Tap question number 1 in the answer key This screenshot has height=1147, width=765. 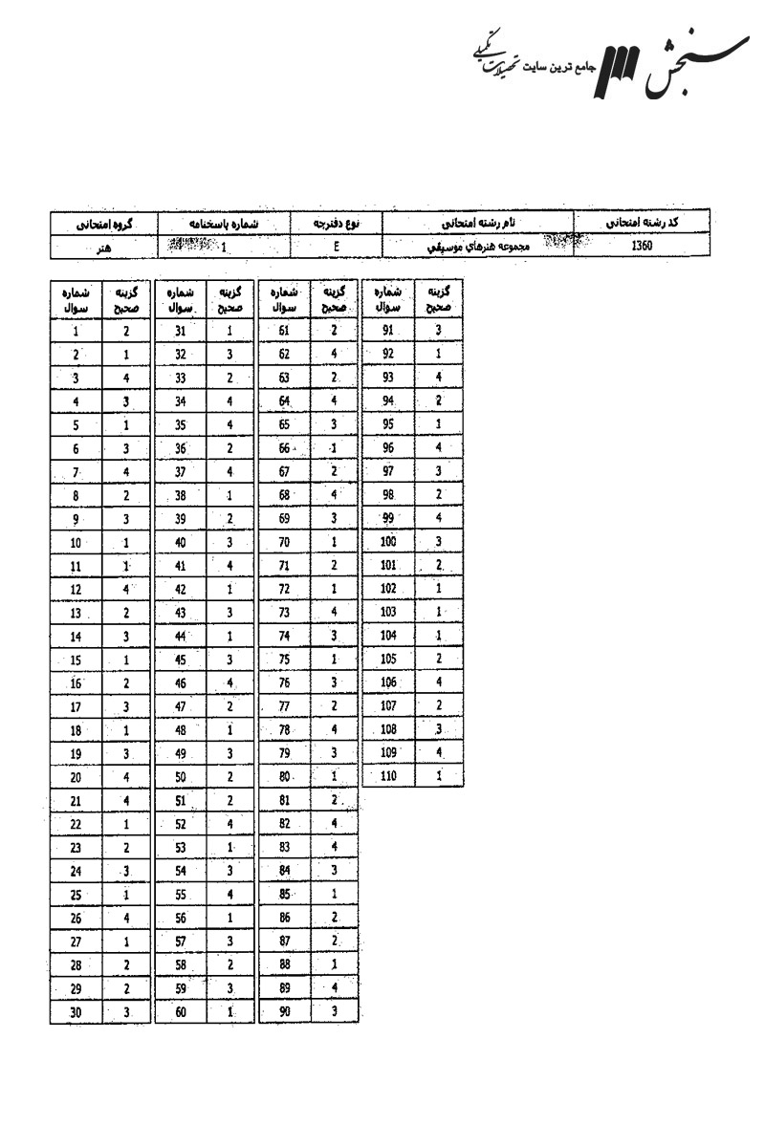point(75,332)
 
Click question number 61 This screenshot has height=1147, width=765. point(284,332)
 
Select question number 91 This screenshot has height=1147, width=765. point(387,332)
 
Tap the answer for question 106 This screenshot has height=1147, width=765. point(439,682)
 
